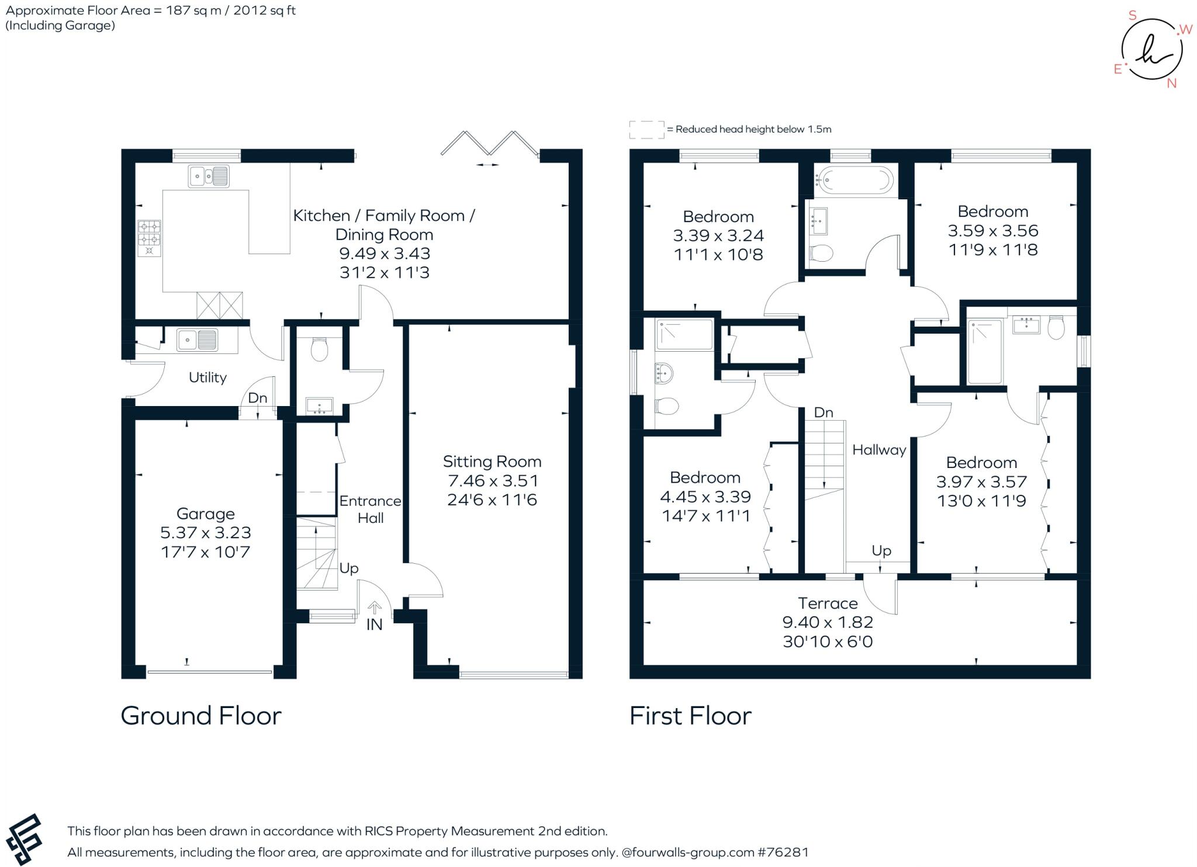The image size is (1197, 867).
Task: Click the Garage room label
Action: [206, 514]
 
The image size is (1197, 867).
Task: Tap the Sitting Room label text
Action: [492, 462]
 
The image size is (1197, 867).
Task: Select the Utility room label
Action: [207, 377]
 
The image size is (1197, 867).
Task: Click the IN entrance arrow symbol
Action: [374, 608]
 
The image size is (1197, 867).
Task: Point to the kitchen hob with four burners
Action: [149, 238]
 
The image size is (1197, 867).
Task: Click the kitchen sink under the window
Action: [209, 176]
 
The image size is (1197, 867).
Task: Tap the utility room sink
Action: [198, 339]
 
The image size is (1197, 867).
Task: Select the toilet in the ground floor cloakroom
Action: [319, 349]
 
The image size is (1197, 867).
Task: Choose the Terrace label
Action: [828, 603]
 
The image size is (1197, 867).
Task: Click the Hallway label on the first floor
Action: [879, 449]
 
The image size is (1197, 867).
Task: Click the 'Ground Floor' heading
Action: [201, 716]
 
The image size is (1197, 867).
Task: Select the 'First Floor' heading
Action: [690, 716]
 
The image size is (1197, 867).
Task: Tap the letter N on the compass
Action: [1171, 84]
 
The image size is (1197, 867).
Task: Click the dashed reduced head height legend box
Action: [646, 130]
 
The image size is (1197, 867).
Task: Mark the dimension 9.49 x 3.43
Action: [385, 254]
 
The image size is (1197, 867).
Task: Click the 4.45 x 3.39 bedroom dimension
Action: [705, 497]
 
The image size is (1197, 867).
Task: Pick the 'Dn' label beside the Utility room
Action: [257, 398]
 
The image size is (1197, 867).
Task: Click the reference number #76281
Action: [783, 852]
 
